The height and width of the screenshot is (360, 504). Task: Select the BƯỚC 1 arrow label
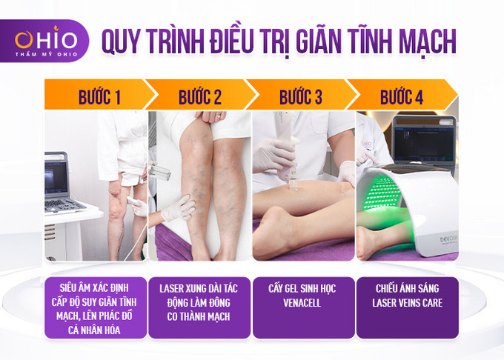coord(99,96)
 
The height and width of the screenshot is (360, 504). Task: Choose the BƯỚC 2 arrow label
coord(200,96)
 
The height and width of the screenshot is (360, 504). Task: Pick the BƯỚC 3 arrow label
coord(300,96)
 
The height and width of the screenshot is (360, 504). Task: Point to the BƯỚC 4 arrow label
coord(402,96)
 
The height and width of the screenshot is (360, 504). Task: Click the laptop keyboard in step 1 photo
coord(64,205)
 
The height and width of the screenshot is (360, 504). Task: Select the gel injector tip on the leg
coord(294,185)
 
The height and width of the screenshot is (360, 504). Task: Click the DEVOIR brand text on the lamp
coord(448,239)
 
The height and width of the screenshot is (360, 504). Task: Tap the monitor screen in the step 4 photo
coord(424,141)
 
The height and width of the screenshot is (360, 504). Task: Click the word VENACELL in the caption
coord(302,303)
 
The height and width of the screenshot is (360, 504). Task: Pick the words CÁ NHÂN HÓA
coord(94,330)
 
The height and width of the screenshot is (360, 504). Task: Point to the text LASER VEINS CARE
coord(407,303)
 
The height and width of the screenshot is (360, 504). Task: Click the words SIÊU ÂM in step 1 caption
coord(75,287)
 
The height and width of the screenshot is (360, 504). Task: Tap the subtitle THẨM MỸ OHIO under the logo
coord(46,54)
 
